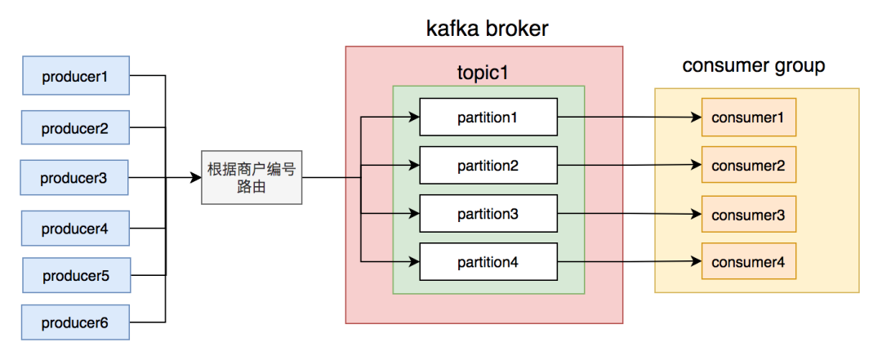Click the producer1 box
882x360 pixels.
[76, 75]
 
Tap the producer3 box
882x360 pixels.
[74, 178]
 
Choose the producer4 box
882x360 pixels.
[75, 229]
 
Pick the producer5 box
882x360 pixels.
[77, 275]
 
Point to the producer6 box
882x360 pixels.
[75, 322]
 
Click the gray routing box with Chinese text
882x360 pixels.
[252, 177]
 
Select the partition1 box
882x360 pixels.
[488, 117]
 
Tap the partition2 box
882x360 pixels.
[488, 166]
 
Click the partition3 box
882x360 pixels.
[488, 214]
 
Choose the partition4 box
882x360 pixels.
[488, 261]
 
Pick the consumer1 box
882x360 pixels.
[749, 117]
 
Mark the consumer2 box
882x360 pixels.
[749, 165]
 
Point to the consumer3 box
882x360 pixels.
[749, 215]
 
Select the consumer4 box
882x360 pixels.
[749, 261]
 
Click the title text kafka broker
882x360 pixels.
[487, 28]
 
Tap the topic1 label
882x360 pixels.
[483, 72]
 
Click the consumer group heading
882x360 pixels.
[754, 66]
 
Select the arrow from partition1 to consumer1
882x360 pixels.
[630, 118]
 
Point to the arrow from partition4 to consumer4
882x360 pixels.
[630, 261]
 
